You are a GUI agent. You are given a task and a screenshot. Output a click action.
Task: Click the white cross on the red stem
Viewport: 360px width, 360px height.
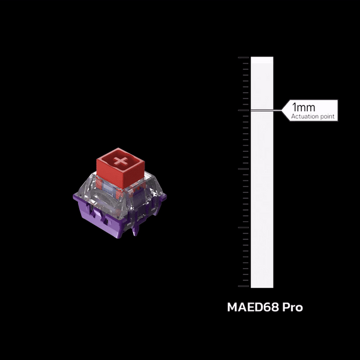(x=121, y=161)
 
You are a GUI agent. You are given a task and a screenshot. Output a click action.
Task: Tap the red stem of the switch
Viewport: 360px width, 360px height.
(x=121, y=169)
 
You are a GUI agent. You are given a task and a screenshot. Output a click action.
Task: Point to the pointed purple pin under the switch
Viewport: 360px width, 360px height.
(x=135, y=231)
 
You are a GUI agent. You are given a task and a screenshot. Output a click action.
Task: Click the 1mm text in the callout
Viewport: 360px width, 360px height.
(x=303, y=107)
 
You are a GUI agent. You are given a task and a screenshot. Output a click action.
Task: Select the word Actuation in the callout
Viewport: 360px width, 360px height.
(x=305, y=116)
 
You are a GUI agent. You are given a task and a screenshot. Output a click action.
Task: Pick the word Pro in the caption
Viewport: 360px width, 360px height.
(x=293, y=307)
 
